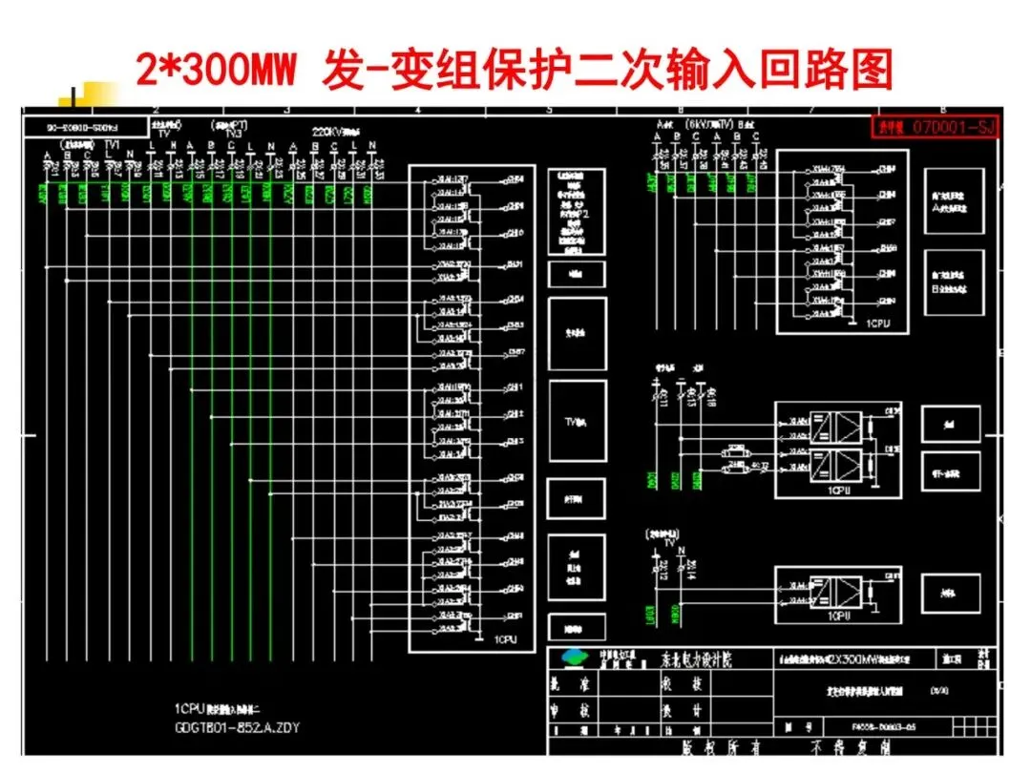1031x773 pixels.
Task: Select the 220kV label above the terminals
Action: [x=331, y=133]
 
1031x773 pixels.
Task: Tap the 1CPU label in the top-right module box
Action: [x=877, y=324]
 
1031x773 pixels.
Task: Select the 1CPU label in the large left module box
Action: [x=505, y=640]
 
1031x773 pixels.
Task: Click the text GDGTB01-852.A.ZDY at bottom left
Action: [x=237, y=727]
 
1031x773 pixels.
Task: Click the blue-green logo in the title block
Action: [x=576, y=658]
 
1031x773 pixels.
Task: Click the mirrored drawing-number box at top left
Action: [x=85, y=126]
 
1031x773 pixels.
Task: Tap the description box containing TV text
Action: [x=577, y=421]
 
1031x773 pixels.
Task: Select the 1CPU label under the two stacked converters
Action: [x=839, y=490]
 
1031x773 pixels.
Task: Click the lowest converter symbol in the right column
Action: [x=822, y=592]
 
